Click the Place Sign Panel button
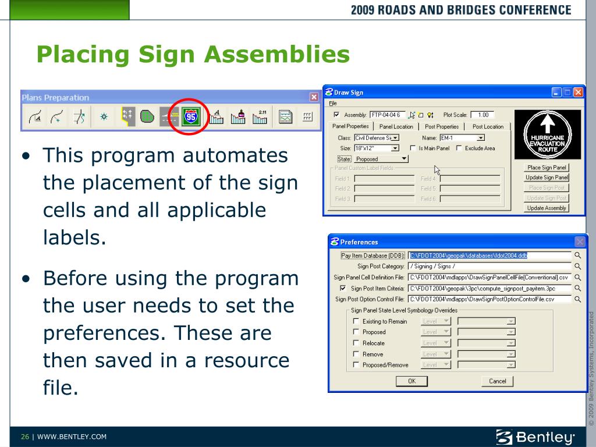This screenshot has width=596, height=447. (547, 168)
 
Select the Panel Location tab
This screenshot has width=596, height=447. (396, 126)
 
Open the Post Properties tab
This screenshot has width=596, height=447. (442, 126)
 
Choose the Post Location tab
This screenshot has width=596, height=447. (488, 126)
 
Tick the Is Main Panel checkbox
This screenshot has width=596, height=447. (413, 148)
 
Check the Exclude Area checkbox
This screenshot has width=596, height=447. (459, 148)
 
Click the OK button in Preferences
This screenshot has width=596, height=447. (411, 381)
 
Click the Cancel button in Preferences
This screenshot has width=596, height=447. (497, 381)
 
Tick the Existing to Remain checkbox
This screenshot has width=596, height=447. (356, 321)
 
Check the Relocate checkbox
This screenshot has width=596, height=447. (356, 343)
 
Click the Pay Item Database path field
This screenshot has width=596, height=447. (489, 255)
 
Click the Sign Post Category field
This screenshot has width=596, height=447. (489, 266)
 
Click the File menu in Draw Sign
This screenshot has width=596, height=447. (333, 103)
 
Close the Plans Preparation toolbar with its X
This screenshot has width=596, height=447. (314, 98)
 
